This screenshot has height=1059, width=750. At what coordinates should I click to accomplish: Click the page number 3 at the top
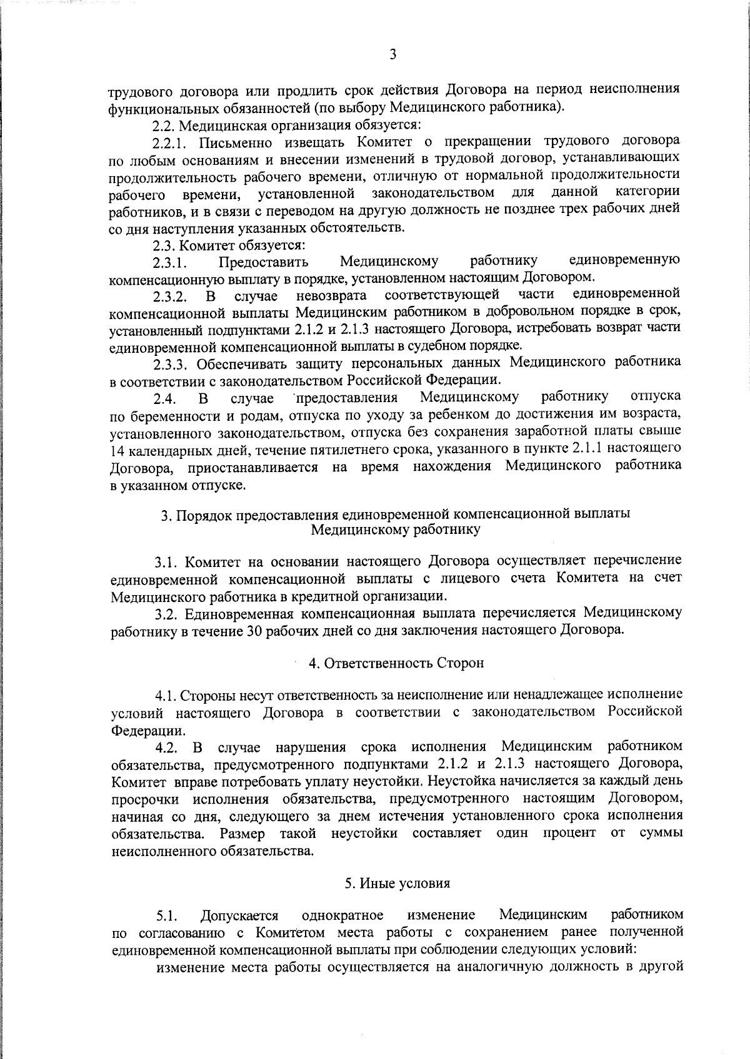click(x=392, y=54)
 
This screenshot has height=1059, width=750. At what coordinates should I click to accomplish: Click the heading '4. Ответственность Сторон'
click(x=396, y=664)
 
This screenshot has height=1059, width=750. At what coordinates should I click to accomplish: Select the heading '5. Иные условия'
click(x=397, y=884)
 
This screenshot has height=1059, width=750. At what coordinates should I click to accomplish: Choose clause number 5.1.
click(x=167, y=916)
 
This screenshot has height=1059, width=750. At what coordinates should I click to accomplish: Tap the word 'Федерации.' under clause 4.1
click(x=147, y=730)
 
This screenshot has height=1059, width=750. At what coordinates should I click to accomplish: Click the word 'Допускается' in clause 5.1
click(x=239, y=916)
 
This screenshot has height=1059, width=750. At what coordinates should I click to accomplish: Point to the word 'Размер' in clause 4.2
click(x=241, y=833)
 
